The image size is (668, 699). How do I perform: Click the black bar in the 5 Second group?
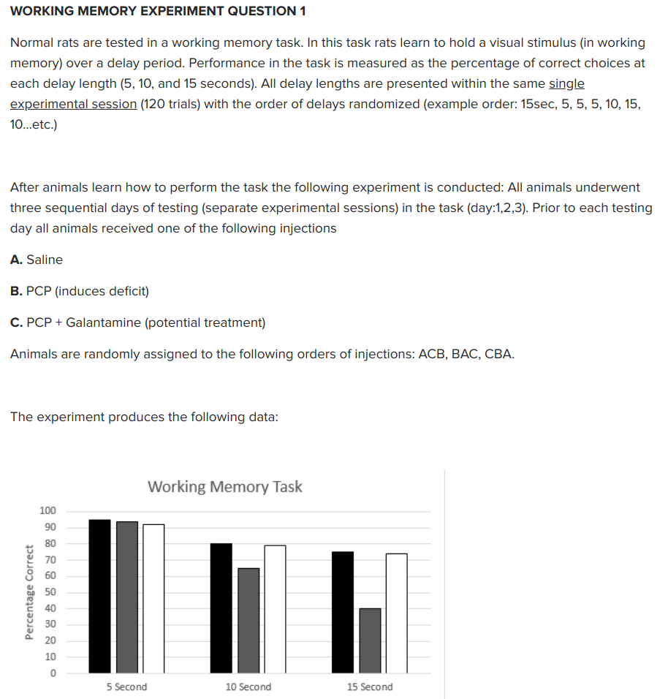(x=99, y=596)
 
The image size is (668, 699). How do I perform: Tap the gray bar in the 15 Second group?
(x=370, y=640)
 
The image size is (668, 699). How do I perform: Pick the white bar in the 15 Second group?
(x=396, y=613)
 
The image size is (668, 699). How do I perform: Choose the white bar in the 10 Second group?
(x=275, y=608)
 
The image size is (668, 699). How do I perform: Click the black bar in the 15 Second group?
(x=343, y=612)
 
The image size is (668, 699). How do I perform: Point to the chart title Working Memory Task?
(x=224, y=487)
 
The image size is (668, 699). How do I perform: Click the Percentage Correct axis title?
(x=30, y=592)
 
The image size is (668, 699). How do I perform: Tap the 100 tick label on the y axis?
(x=48, y=511)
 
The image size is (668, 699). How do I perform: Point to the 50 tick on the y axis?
(x=50, y=592)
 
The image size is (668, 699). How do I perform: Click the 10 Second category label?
(x=248, y=687)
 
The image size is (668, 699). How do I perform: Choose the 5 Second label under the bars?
(x=126, y=687)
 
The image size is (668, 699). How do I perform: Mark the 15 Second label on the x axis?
(x=370, y=687)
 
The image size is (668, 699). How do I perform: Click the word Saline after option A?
(x=45, y=260)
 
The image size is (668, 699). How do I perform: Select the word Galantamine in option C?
(x=99, y=322)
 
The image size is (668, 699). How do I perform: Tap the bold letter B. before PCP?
(x=15, y=291)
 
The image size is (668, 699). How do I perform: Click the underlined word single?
(x=566, y=83)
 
